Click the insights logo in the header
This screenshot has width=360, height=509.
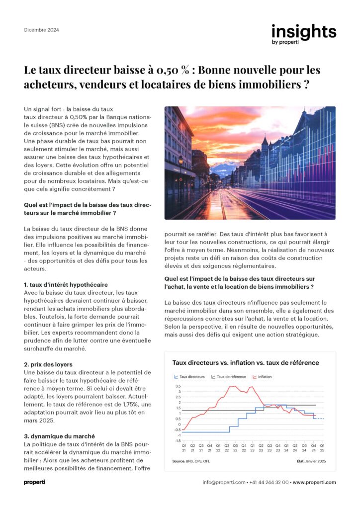point(303,34)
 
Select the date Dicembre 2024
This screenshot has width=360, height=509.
point(41,30)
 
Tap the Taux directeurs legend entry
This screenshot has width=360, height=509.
point(189,377)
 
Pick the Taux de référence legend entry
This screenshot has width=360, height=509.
point(229,377)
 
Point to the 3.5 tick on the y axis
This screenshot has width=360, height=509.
point(178,386)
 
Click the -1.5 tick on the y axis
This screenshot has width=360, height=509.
point(178,441)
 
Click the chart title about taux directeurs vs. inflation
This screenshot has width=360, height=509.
point(246,363)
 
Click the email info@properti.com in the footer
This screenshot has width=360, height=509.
point(224,482)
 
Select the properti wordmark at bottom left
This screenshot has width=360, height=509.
point(35,482)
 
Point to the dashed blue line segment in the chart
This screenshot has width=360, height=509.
point(320,419)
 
